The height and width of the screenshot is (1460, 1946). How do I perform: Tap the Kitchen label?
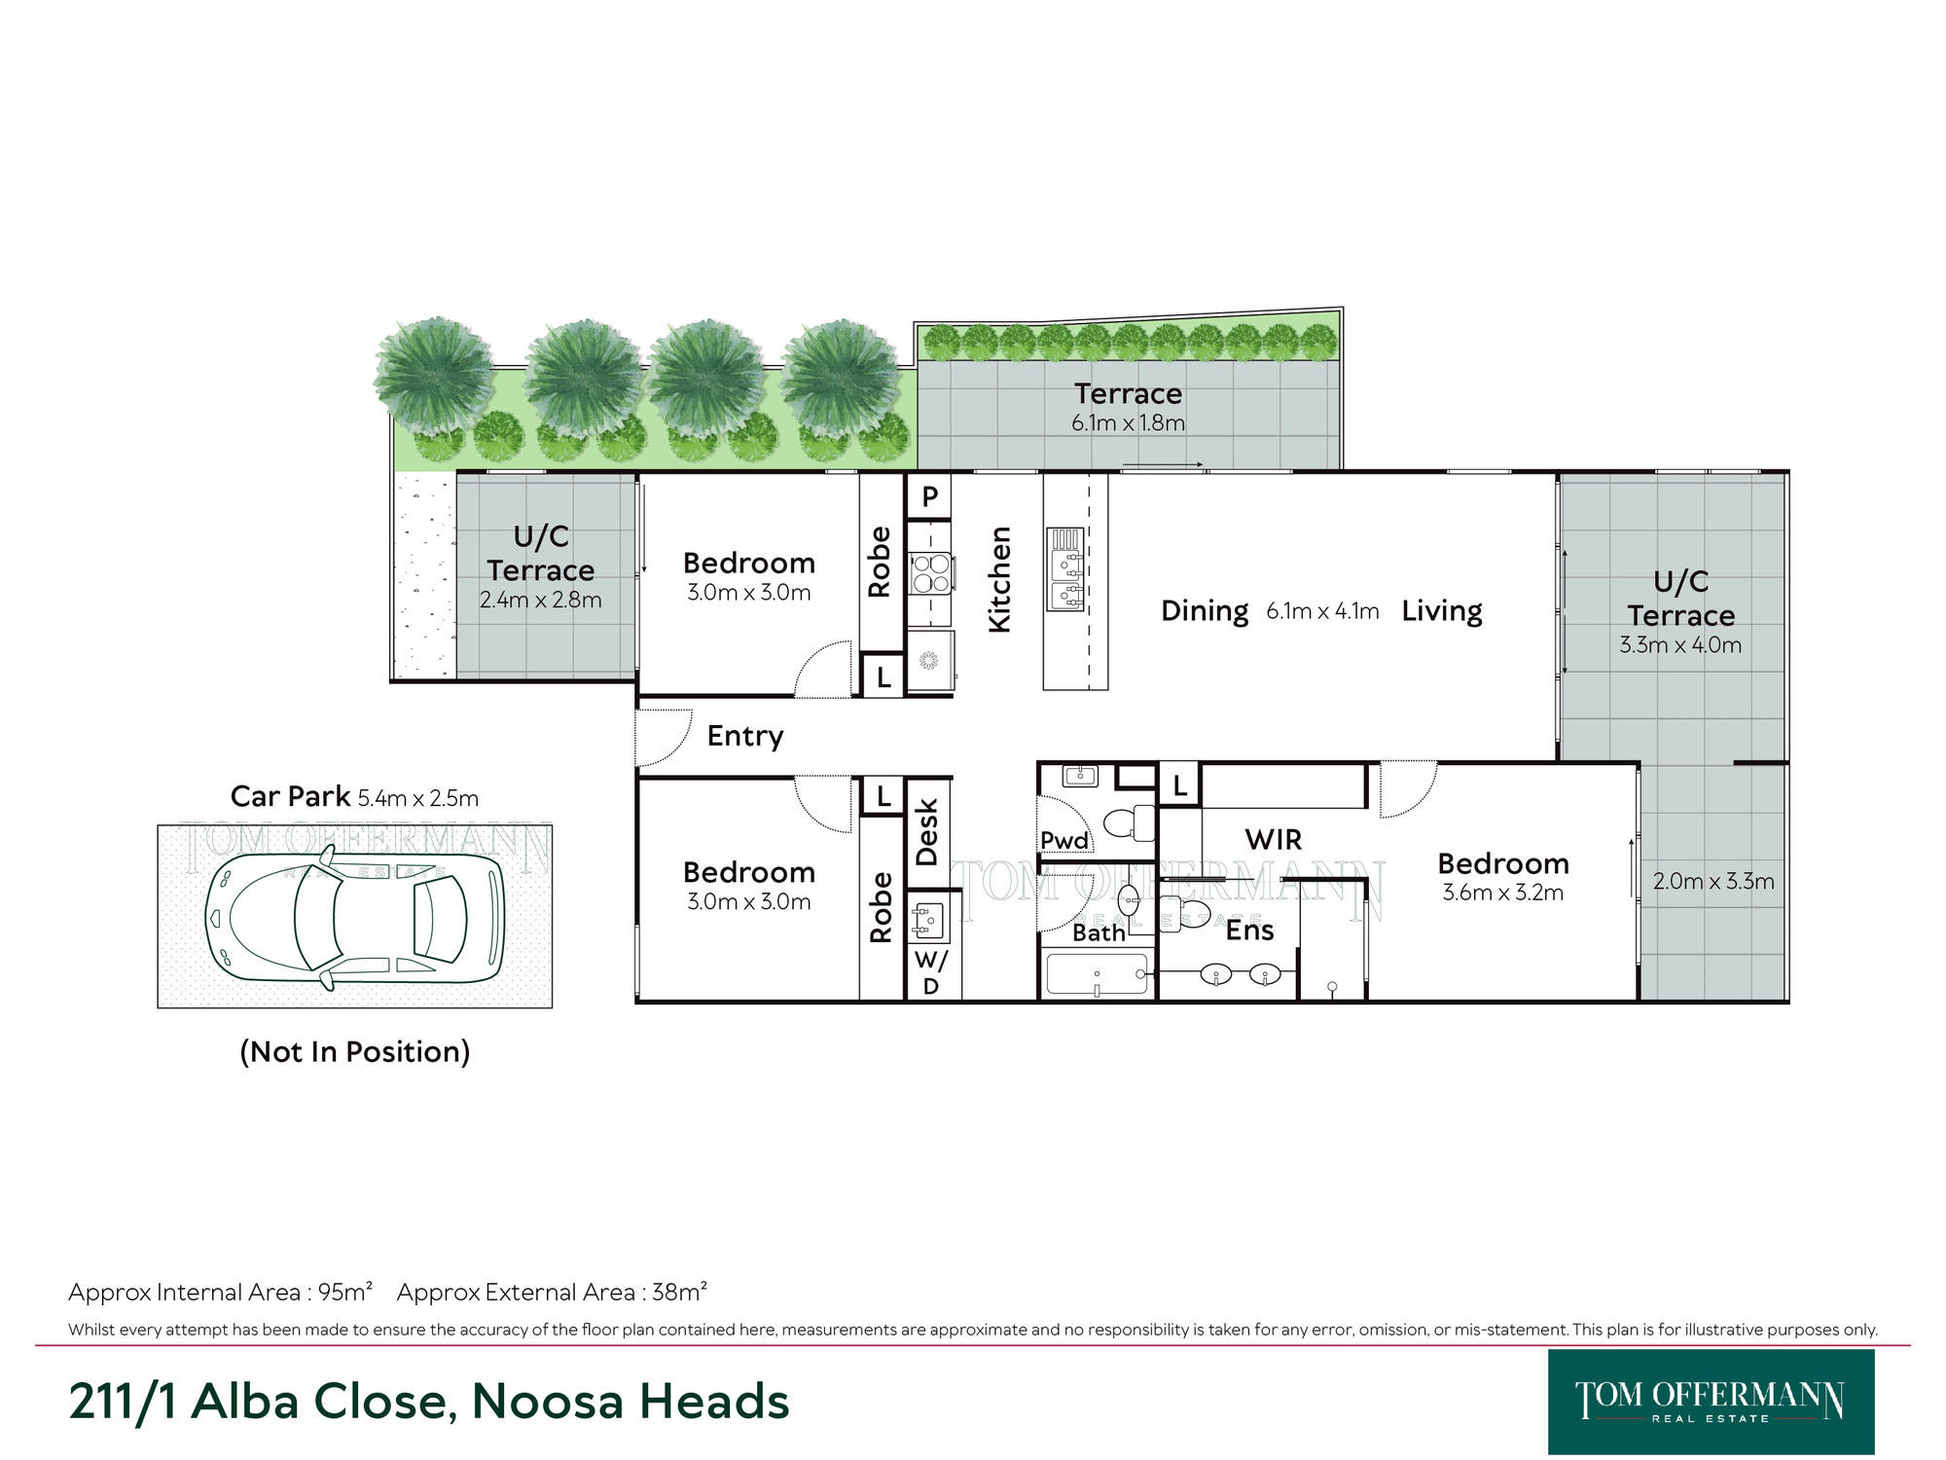pyautogui.click(x=999, y=580)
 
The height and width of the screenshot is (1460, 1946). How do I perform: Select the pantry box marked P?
pyautogui.click(x=929, y=496)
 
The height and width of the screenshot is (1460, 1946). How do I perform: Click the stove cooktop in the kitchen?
pyautogui.click(x=930, y=572)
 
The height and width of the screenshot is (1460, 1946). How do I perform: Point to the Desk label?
pyautogui.click(x=926, y=832)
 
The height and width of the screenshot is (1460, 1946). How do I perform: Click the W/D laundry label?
pyautogui.click(x=931, y=972)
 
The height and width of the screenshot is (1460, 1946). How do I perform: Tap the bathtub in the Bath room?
pyautogui.click(x=1097, y=974)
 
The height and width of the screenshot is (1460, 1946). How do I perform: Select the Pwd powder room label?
pyautogui.click(x=1064, y=840)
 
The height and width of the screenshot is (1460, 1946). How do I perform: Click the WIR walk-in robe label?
pyautogui.click(x=1273, y=839)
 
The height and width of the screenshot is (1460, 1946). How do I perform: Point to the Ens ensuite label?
pyautogui.click(x=1249, y=931)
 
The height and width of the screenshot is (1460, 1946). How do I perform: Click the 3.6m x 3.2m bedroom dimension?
pyautogui.click(x=1502, y=893)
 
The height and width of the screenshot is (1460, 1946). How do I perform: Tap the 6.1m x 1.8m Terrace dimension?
pyautogui.click(x=1128, y=423)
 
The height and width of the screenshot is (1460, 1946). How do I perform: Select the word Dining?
pyautogui.click(x=1205, y=611)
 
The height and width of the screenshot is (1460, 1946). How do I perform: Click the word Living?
pyautogui.click(x=1442, y=611)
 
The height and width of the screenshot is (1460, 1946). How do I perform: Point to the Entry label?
pyautogui.click(x=745, y=737)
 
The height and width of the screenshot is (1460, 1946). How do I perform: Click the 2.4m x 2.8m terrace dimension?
pyautogui.click(x=540, y=601)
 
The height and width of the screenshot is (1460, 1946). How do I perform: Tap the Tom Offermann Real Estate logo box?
pyautogui.click(x=1711, y=1402)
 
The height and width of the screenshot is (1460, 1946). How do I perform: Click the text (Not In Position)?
pyautogui.click(x=355, y=1051)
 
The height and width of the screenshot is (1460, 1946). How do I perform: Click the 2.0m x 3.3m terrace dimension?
pyautogui.click(x=1713, y=882)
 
